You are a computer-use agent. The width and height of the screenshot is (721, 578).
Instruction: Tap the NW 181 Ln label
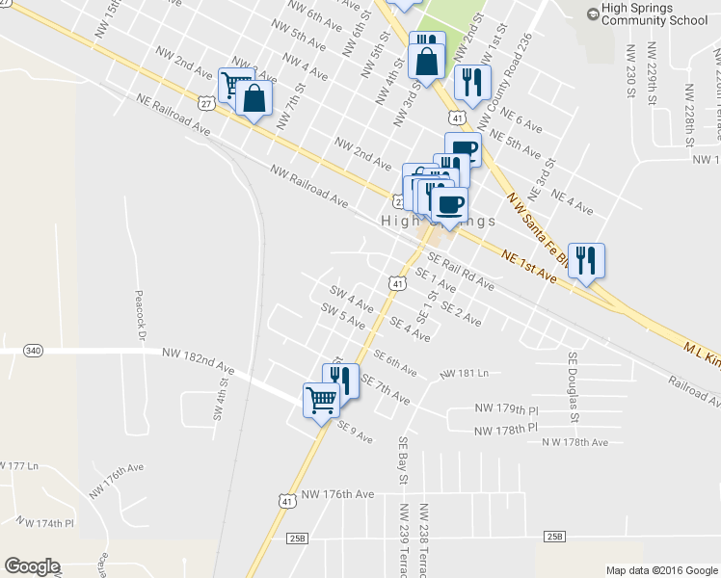465,373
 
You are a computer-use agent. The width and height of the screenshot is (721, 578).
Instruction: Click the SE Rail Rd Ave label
461,272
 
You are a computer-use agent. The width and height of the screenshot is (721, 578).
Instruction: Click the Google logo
32,566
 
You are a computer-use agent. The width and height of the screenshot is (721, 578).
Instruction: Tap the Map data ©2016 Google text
660,570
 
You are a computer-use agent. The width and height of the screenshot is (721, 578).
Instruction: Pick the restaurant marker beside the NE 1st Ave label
586,260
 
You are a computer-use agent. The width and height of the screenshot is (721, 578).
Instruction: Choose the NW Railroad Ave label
309,186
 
